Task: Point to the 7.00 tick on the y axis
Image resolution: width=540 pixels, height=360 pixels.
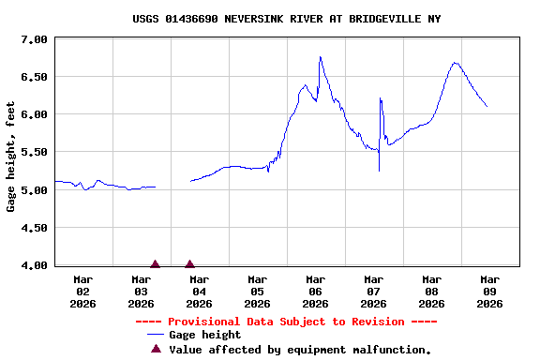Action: (x=34, y=39)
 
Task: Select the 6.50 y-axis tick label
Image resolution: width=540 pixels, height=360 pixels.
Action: (x=34, y=77)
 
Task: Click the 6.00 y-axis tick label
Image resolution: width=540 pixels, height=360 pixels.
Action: (x=34, y=114)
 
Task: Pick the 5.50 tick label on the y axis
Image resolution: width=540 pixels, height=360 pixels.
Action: (x=34, y=152)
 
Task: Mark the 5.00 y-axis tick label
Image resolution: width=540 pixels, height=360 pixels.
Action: (x=34, y=190)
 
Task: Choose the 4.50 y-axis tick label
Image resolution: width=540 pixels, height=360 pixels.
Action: (x=34, y=228)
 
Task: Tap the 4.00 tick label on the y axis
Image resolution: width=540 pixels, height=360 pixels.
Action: (x=34, y=265)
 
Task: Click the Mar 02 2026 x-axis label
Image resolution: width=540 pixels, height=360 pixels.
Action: (x=82, y=291)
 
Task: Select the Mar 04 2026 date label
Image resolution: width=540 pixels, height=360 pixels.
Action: (x=199, y=291)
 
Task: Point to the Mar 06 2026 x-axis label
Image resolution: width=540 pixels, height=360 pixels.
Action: (x=315, y=291)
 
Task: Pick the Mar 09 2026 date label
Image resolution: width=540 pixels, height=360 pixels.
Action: (x=489, y=291)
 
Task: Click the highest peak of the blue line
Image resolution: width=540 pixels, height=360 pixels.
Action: (x=320, y=57)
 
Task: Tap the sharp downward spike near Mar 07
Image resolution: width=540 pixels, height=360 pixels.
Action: (x=379, y=170)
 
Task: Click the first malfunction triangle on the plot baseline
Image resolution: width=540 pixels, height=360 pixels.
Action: (x=155, y=264)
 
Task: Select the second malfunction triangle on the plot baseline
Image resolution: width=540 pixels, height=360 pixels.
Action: (x=189, y=264)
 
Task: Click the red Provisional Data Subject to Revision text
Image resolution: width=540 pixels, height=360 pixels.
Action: (x=286, y=322)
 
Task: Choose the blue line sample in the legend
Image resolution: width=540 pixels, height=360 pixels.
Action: (x=156, y=335)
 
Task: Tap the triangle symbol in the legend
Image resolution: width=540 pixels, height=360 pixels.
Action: (x=156, y=349)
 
